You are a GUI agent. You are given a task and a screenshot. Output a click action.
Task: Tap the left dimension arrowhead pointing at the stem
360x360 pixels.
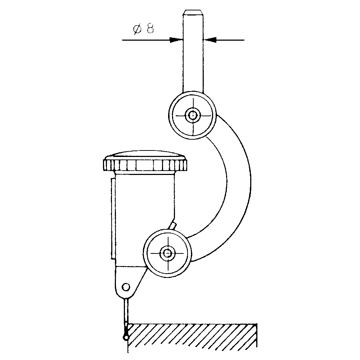pos(176,40)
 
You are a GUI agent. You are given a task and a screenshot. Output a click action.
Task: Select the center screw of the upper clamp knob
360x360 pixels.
pos(193,116)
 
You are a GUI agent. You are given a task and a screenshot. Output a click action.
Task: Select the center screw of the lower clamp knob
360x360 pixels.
pos(167,253)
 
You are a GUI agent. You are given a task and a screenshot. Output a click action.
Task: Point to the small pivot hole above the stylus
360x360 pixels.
pos(125,287)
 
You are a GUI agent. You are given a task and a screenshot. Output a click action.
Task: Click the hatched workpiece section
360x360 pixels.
pos(193,335)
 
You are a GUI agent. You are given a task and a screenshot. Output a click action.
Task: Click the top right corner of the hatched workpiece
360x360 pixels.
pos(256,324)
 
